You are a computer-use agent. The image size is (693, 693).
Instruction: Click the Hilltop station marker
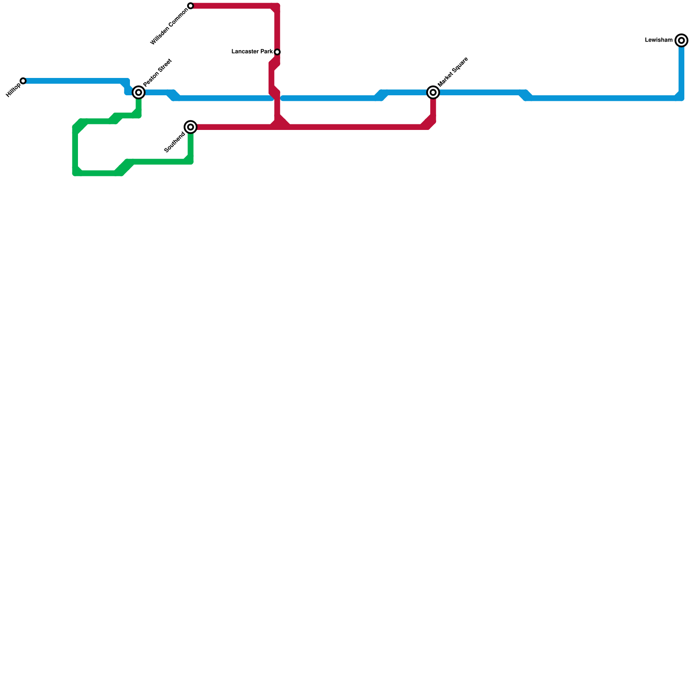[23, 81]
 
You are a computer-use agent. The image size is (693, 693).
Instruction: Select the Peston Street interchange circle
[139, 92]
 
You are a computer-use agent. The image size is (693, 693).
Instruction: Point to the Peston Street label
[158, 72]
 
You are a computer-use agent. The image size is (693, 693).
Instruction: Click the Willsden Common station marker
[191, 6]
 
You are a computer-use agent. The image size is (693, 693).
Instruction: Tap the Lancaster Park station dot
[277, 52]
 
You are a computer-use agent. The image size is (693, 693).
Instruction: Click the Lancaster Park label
[252, 52]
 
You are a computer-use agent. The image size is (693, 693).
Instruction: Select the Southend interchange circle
[191, 127]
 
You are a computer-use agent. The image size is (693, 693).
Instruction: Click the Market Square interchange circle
[433, 92]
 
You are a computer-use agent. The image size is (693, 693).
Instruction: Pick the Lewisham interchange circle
[681, 40]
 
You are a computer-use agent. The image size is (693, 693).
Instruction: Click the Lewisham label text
[658, 40]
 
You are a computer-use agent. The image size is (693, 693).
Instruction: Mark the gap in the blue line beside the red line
[277, 99]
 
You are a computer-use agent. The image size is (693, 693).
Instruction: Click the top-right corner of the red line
[277, 6]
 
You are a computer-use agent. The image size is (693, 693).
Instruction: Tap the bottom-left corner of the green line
[75, 173]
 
